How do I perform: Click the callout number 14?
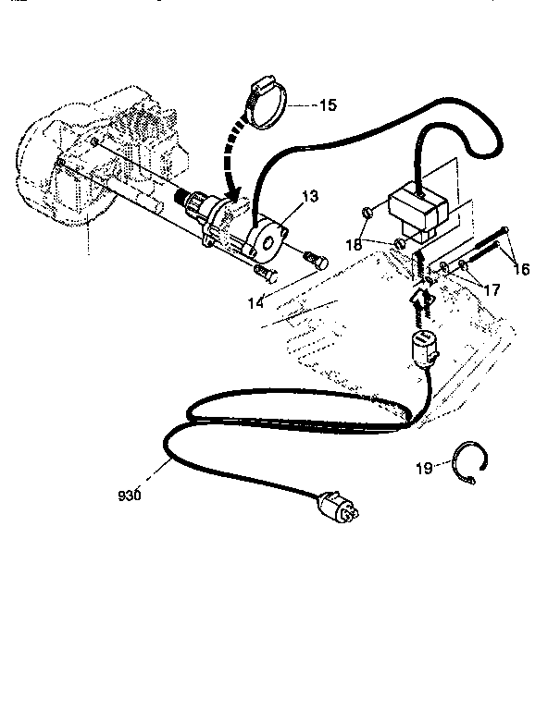point(253,301)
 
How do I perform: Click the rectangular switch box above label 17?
point(421,210)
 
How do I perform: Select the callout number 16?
point(520,269)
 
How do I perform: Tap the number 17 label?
point(491,289)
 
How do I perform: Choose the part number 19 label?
point(424,470)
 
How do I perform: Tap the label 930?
point(130,496)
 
